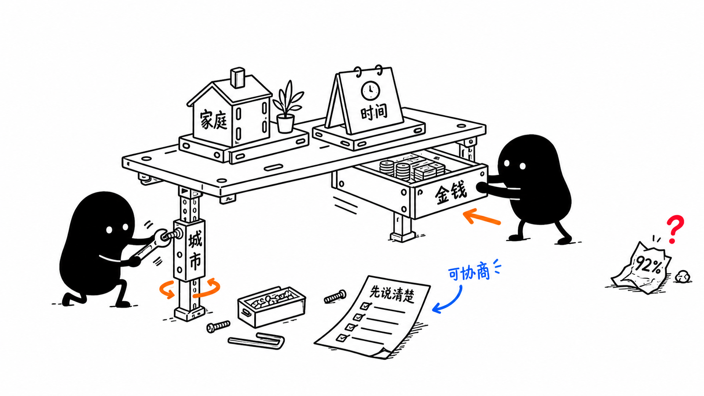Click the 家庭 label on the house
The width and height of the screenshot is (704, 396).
[x=214, y=120]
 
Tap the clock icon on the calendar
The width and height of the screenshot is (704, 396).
[x=370, y=91]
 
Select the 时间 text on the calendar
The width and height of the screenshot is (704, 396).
[x=374, y=112]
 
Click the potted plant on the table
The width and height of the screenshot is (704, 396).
[x=287, y=107]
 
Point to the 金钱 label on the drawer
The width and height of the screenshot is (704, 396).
[x=451, y=192]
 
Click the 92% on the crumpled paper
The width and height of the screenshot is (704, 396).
[x=648, y=266]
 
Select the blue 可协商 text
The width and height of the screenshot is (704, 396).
[x=469, y=273]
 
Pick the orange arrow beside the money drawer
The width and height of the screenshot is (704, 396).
[x=481, y=217]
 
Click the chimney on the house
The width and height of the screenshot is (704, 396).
[x=237, y=77]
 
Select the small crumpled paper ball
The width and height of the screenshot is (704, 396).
[x=683, y=277]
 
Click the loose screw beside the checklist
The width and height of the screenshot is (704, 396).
[x=335, y=296]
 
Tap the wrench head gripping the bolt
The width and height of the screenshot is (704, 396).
[x=162, y=236]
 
